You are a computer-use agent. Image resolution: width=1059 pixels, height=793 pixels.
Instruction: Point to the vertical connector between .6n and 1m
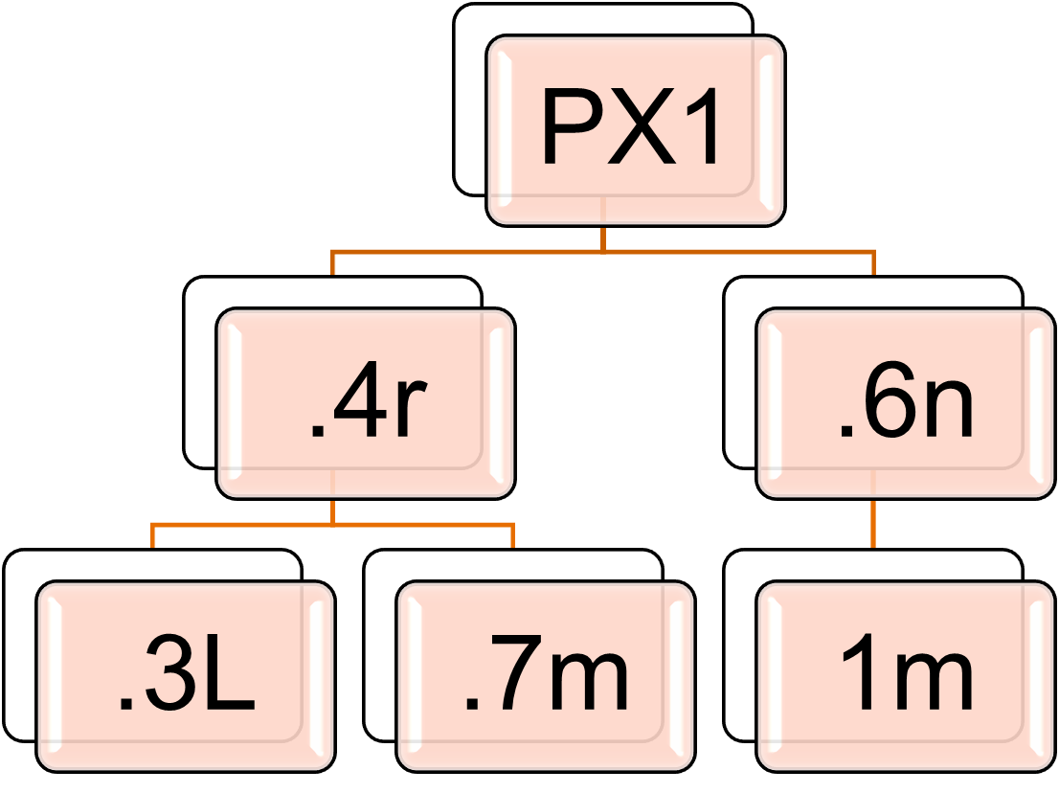click(873, 523)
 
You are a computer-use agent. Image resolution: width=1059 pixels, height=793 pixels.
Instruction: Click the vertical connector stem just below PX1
click(603, 238)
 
